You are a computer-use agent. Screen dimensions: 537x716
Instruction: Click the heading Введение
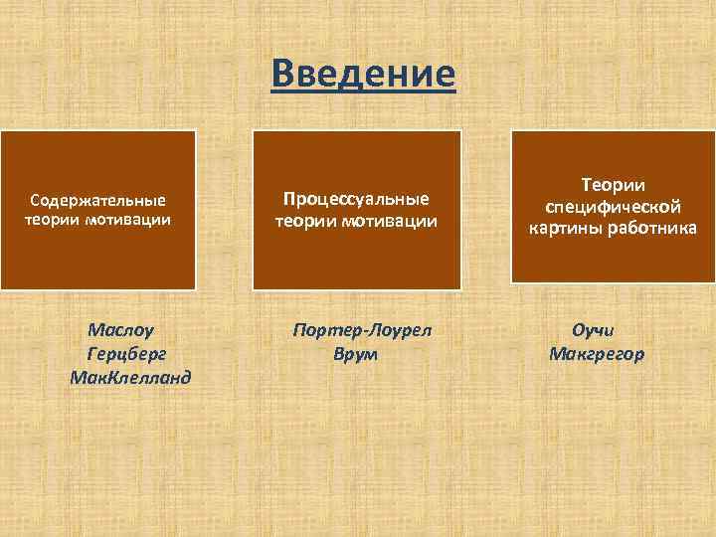tap(363, 73)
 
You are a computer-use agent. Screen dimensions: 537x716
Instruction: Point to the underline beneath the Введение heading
tap(363, 93)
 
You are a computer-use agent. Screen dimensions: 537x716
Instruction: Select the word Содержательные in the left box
tap(97, 200)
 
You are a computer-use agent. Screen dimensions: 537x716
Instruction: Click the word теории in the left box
tap(56, 219)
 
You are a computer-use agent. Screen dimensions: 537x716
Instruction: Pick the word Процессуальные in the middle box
tap(356, 199)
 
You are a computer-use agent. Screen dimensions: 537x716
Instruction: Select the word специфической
tap(613, 206)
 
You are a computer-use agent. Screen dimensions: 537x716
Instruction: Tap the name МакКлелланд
tap(130, 378)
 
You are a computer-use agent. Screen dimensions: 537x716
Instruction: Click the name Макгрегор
tap(596, 353)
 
